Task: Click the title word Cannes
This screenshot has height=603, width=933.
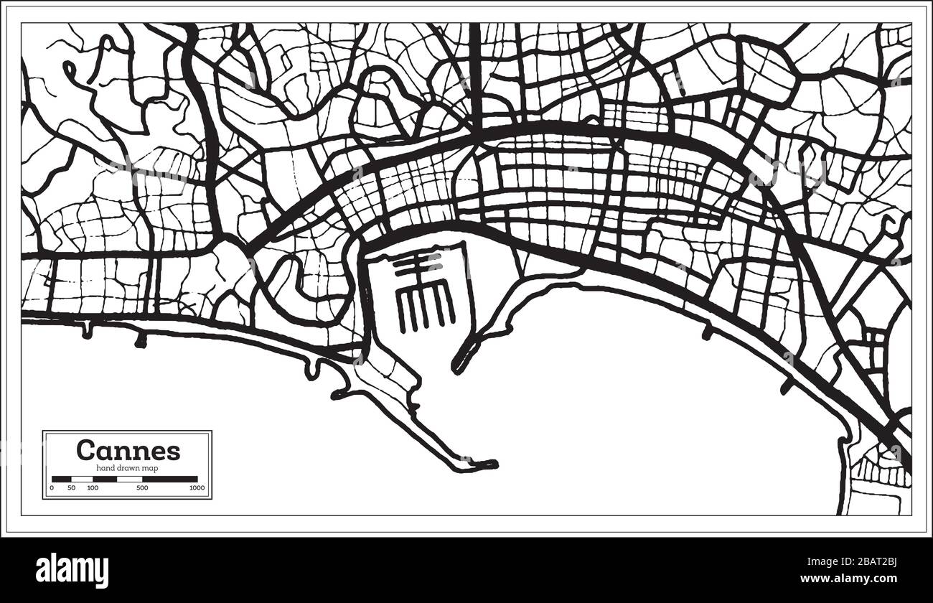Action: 128,450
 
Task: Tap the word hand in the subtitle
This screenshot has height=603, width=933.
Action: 103,468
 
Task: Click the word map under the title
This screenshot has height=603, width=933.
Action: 151,468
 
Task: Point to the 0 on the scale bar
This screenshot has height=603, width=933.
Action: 52,488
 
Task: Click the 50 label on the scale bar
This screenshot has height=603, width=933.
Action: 71,488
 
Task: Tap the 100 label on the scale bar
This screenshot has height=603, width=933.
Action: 93,488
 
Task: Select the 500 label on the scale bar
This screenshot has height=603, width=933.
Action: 142,488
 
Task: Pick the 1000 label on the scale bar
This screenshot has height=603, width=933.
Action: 197,488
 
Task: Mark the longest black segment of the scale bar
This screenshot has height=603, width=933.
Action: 169,479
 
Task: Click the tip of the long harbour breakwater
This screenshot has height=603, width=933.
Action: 490,464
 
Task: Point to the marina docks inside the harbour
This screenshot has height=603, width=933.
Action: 423,294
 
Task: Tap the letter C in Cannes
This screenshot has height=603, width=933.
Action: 85,450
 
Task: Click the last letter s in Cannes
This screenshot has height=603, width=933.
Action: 174,452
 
